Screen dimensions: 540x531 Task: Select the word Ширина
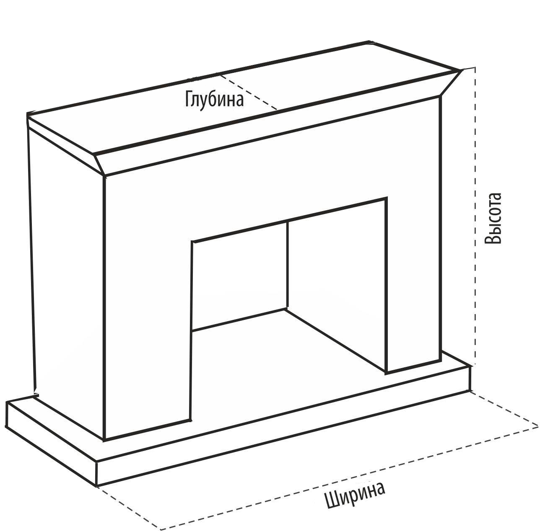355,495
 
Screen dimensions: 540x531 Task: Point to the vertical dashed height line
475,218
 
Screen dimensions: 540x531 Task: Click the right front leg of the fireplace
413,293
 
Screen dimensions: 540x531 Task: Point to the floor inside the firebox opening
285,356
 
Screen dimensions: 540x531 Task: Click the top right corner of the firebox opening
386,198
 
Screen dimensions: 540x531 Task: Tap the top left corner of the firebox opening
192,242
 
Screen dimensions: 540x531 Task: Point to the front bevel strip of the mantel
273,134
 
